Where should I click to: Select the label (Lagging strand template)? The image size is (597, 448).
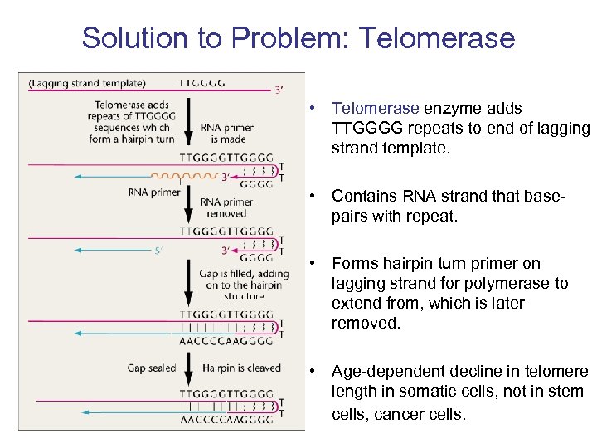click(x=87, y=82)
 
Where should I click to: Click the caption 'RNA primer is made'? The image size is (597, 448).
click(x=227, y=134)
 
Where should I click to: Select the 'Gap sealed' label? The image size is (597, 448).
click(x=151, y=368)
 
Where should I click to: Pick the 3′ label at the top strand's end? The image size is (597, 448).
click(x=280, y=90)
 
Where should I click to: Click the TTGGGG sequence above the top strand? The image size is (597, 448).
click(x=201, y=82)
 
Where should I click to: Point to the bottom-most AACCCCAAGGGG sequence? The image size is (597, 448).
click(x=226, y=420)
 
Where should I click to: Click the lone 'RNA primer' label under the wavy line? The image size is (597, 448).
click(x=155, y=192)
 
